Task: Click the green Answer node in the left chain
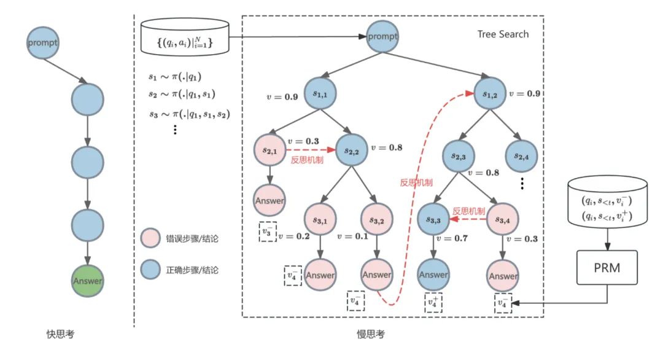[87, 281]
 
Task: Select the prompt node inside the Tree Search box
[382, 36]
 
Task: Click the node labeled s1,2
[490, 94]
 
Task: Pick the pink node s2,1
[269, 149]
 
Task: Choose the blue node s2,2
[352, 150]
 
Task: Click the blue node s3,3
[433, 218]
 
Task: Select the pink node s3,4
[502, 218]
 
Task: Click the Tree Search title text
[503, 34]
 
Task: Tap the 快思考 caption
[61, 334]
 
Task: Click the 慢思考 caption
[371, 334]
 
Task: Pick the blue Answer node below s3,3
[433, 275]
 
